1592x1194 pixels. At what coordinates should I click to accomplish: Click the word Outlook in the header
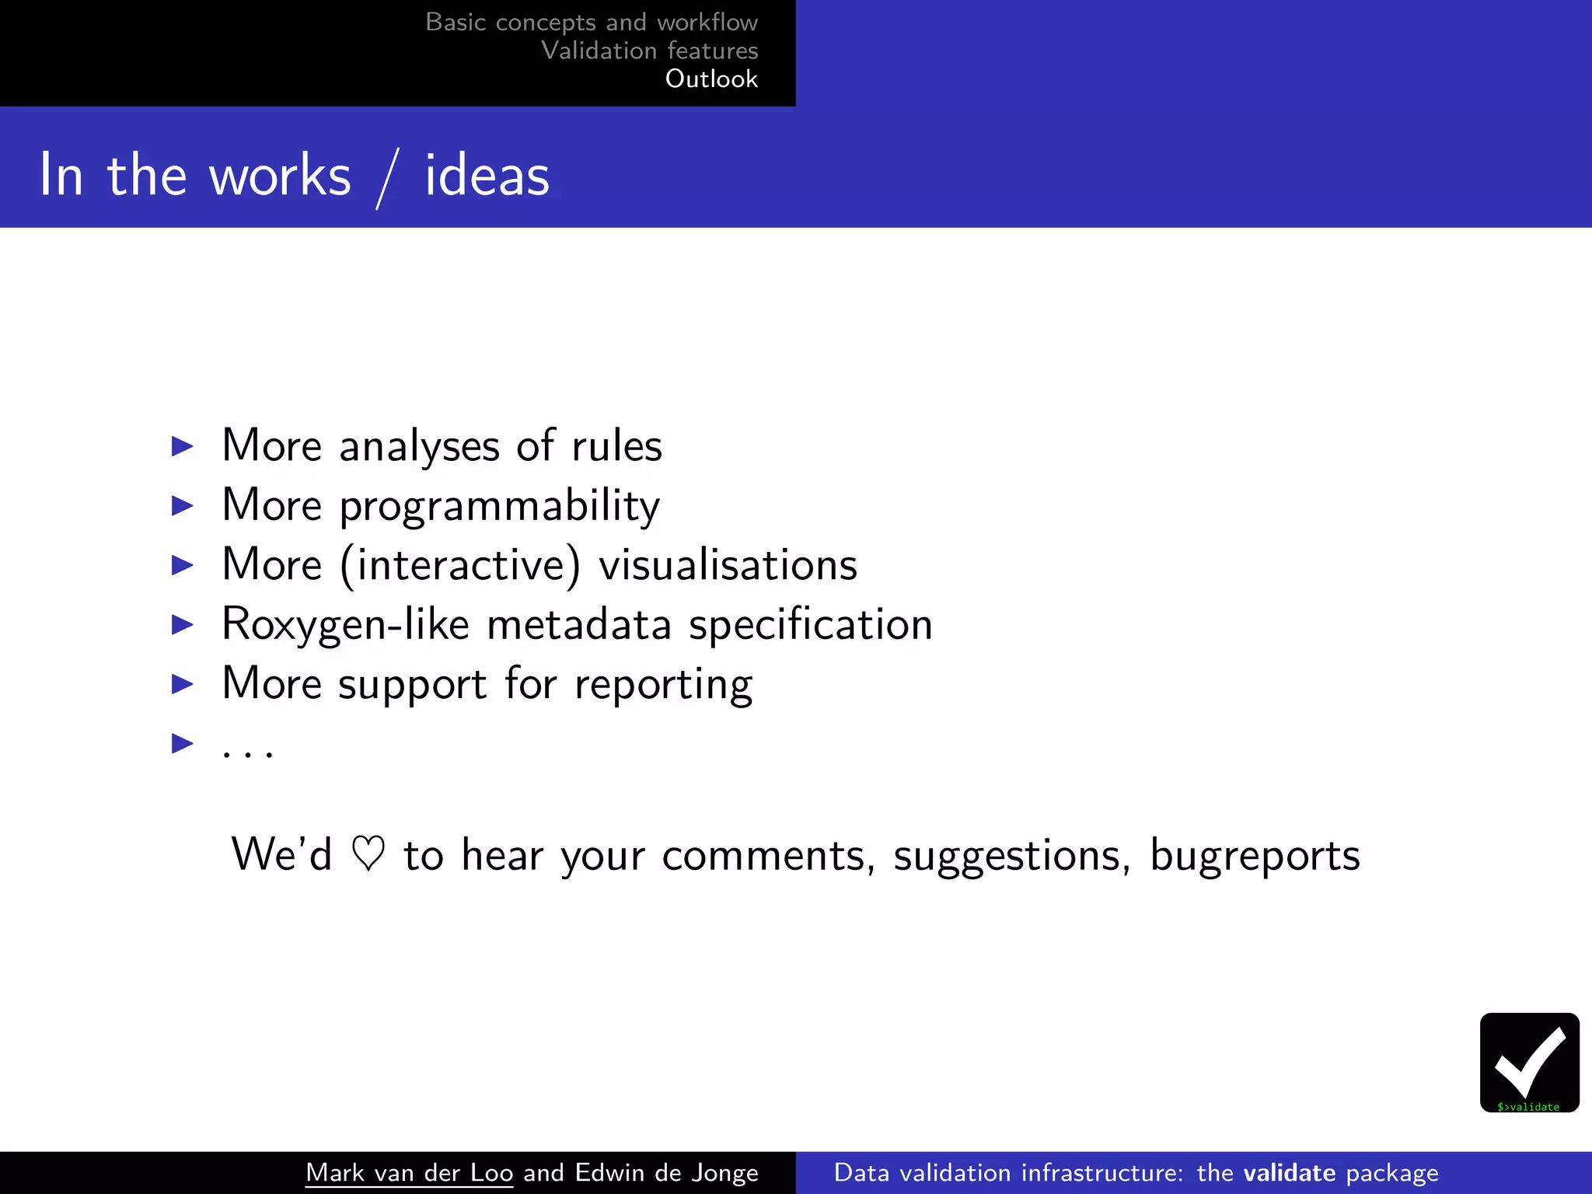pos(711,79)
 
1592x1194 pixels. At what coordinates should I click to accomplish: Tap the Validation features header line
pos(649,51)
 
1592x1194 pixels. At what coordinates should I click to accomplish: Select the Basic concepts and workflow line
pos(591,22)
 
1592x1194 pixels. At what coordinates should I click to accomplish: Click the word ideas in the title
pos(487,176)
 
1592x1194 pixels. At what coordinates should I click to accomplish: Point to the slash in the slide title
pos(388,178)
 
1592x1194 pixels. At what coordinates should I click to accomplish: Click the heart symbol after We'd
pos(368,854)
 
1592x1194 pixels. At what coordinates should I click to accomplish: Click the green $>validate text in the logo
pos(1528,1107)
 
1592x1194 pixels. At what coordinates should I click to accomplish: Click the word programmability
pos(500,506)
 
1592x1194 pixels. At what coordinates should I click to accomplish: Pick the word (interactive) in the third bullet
pos(460,565)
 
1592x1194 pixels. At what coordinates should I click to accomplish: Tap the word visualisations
pos(728,565)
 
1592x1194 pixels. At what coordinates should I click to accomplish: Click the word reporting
pos(663,685)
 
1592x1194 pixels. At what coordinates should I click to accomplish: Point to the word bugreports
pos(1255,856)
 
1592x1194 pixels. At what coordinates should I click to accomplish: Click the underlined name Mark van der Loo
pos(409,1172)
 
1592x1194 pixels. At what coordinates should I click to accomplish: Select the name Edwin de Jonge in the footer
pos(666,1172)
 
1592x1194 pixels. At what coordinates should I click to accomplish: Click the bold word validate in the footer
pos(1289,1172)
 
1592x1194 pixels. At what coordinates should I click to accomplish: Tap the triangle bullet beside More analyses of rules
pos(182,446)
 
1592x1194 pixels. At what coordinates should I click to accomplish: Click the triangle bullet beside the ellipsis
pos(182,744)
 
